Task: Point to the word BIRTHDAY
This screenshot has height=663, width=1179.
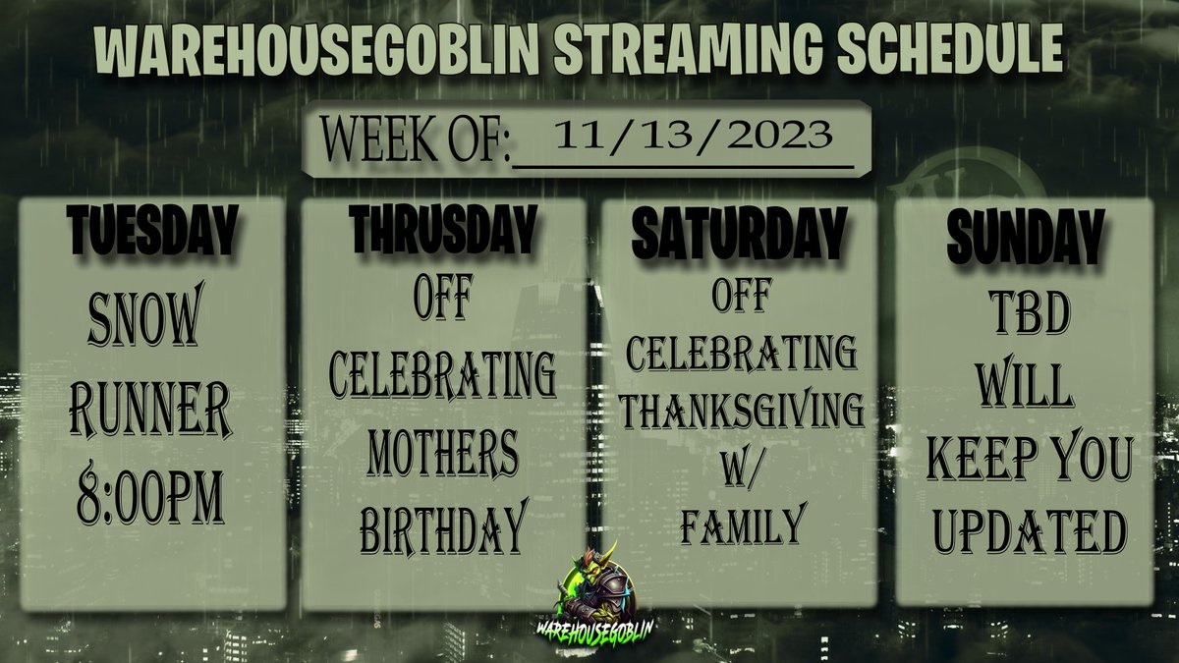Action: pyautogui.click(x=443, y=531)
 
